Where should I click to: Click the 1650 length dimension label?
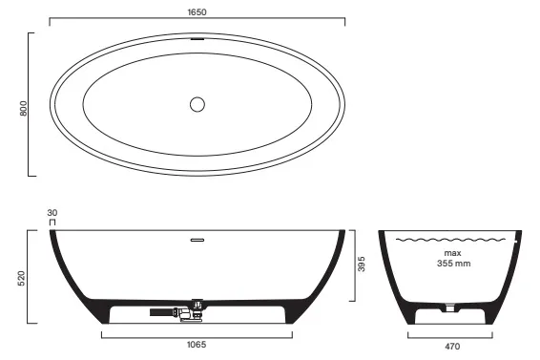pyautogui.click(x=197, y=12)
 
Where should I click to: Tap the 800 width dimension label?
pyautogui.click(x=23, y=108)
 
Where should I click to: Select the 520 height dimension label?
pyautogui.click(x=21, y=279)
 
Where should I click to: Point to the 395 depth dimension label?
pyautogui.click(x=362, y=264)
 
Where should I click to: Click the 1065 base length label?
pyautogui.click(x=197, y=345)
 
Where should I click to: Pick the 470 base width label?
pyautogui.click(x=452, y=347)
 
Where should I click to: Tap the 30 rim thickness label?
pyautogui.click(x=52, y=213)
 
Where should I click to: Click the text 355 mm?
pyautogui.click(x=453, y=264)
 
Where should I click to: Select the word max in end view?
pyautogui.click(x=452, y=253)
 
